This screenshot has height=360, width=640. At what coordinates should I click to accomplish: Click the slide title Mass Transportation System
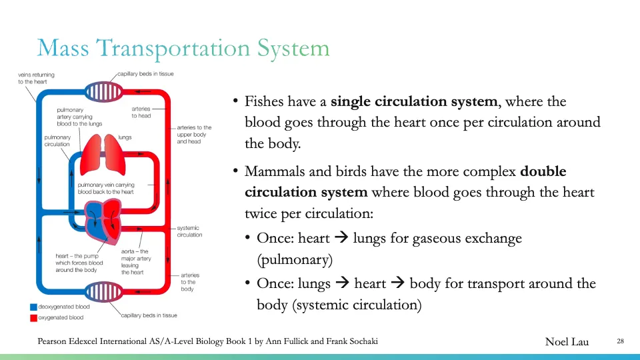183,48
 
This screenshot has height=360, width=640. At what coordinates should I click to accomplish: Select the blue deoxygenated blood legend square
33,307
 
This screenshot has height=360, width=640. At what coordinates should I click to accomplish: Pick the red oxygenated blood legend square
33,318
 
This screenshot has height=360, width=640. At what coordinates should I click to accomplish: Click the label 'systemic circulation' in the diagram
189,231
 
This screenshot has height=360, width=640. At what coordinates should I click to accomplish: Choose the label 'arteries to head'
141,112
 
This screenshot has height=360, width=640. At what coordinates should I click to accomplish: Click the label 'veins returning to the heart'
36,78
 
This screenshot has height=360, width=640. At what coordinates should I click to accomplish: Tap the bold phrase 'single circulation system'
415,102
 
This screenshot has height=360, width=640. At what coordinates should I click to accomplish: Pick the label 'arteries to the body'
190,282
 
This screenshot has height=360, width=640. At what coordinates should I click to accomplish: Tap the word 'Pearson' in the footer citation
54,341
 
